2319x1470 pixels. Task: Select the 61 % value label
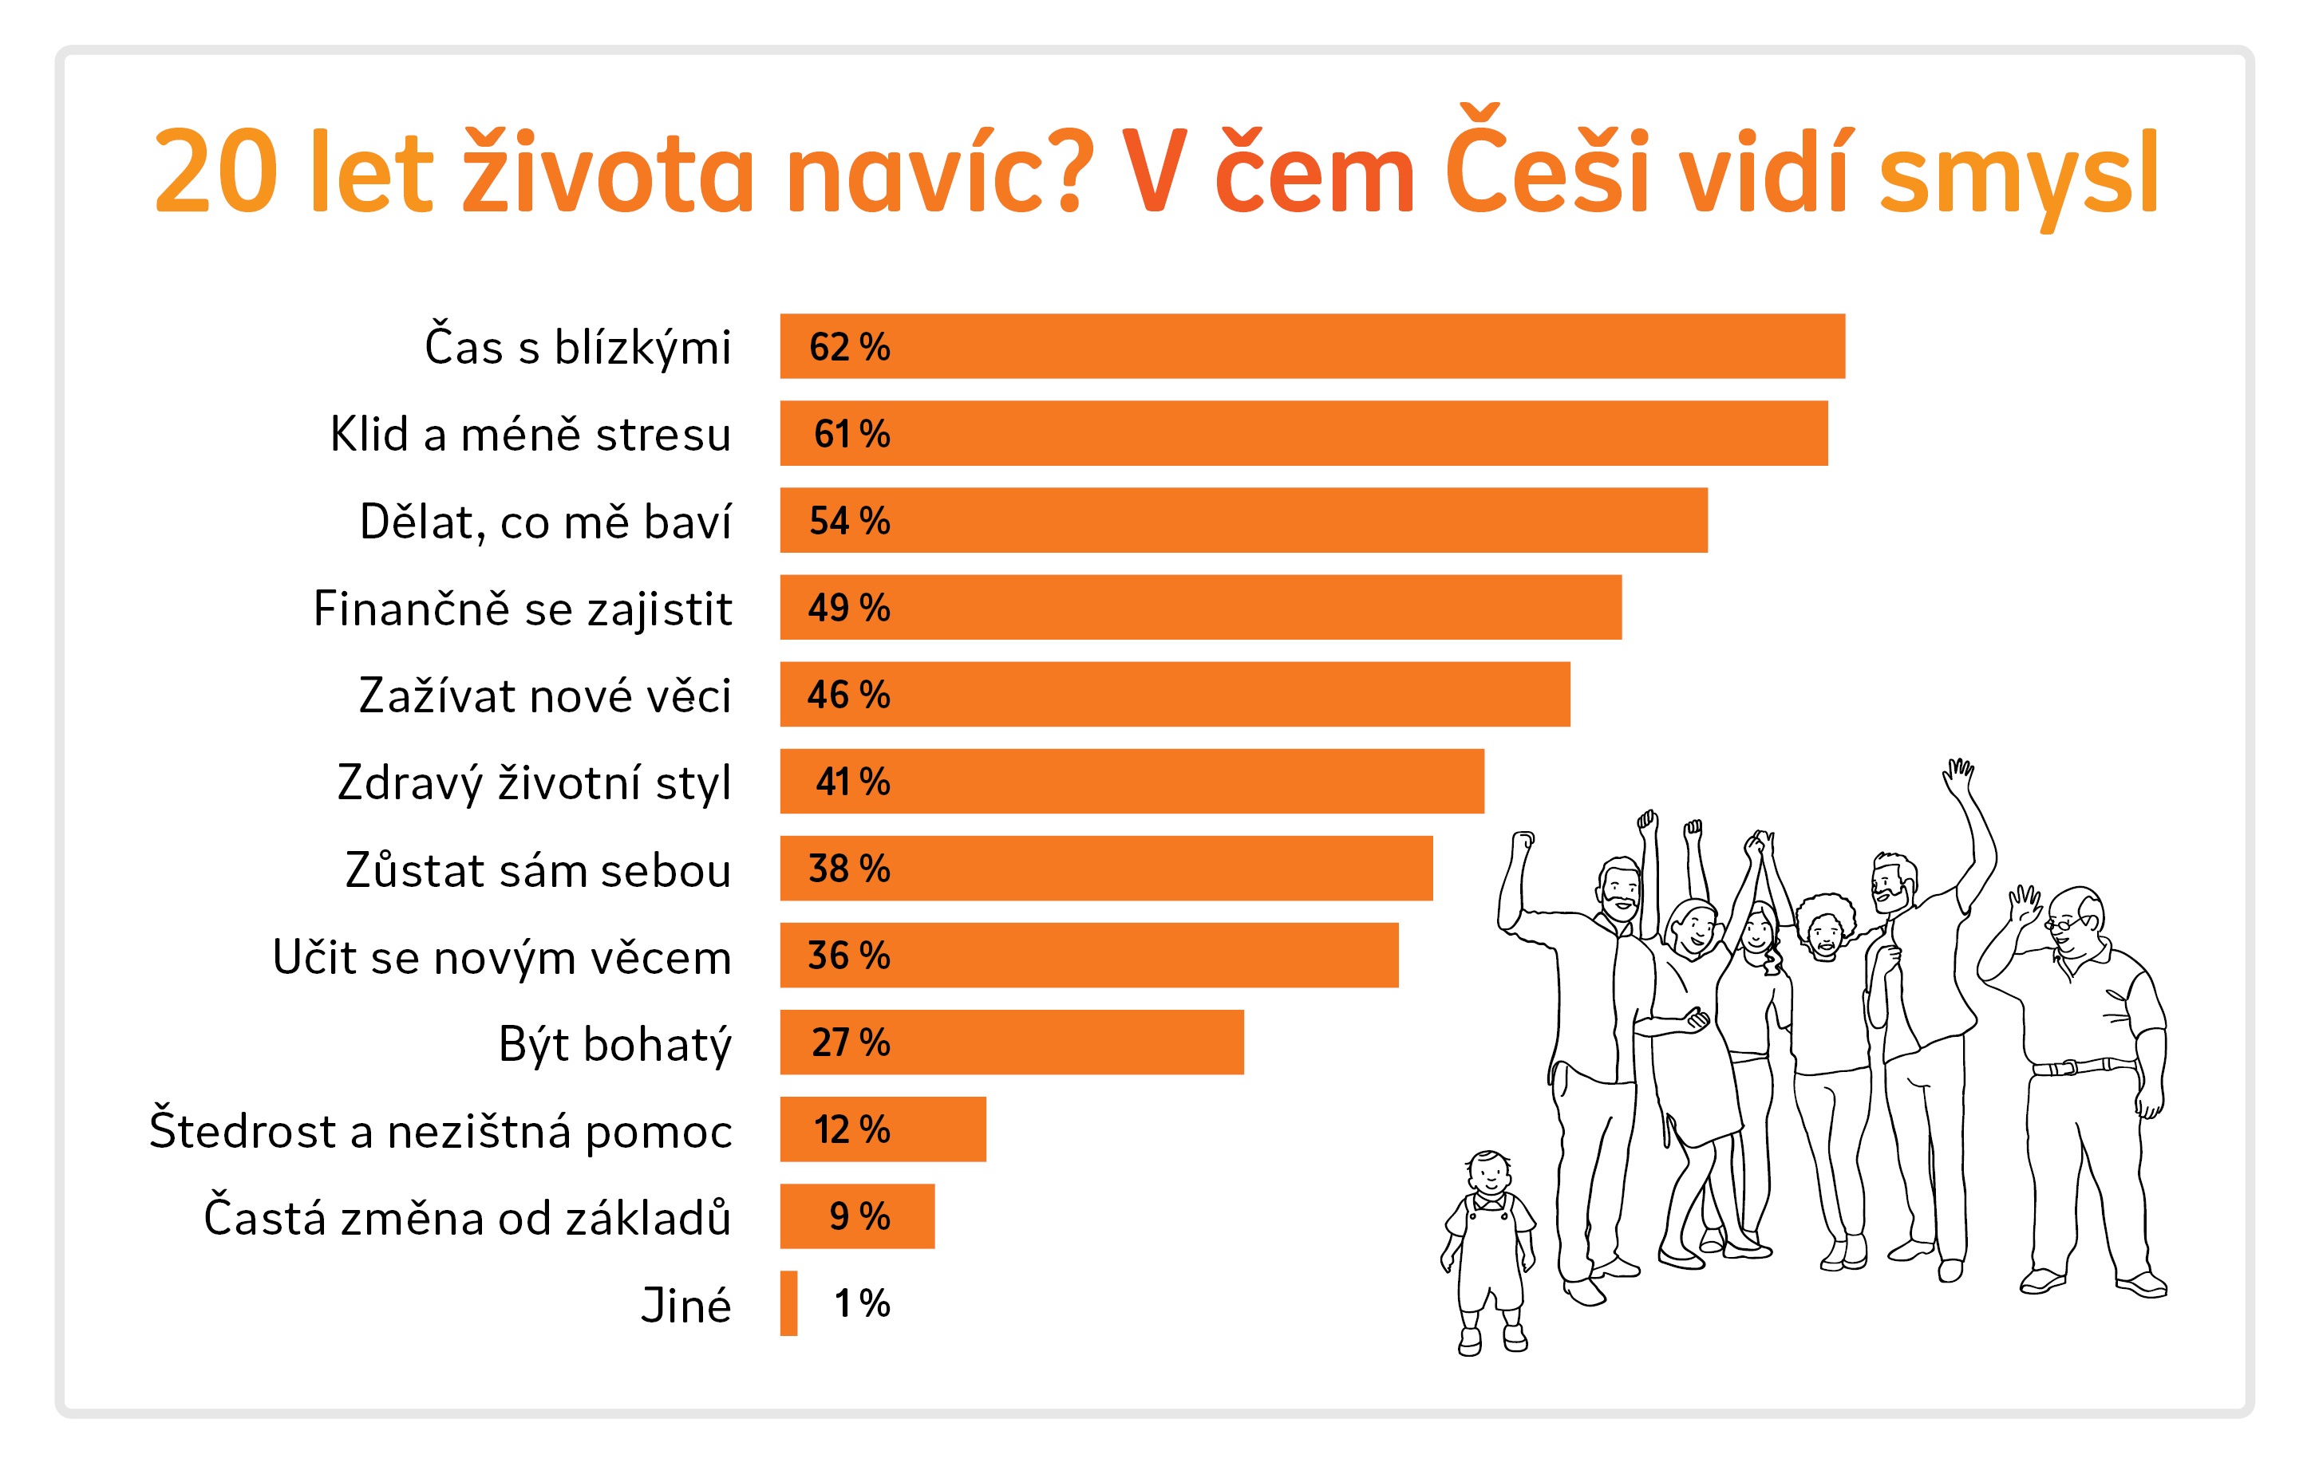pyautogui.click(x=851, y=434)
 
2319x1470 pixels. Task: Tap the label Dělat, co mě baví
pyautogui.click(x=545, y=522)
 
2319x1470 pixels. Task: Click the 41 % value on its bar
pyautogui.click(x=852, y=782)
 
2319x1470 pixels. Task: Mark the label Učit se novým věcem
pyautogui.click(x=502, y=958)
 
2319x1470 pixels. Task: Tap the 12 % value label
pyautogui.click(x=852, y=1129)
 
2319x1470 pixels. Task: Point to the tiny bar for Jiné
pyautogui.click(x=788, y=1303)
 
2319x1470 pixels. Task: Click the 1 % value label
pyautogui.click(x=862, y=1303)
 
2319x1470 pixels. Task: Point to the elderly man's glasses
pyautogui.click(x=2063, y=923)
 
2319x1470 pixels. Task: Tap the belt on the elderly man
pyautogui.click(x=2082, y=1066)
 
